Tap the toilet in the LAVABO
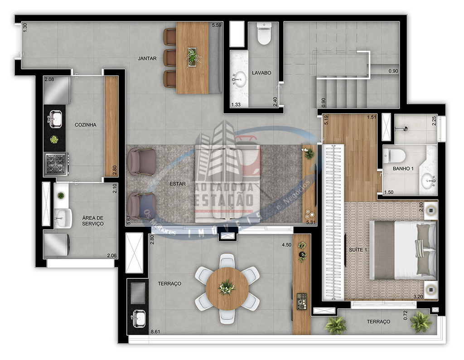tap(264, 35)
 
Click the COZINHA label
tap(86, 125)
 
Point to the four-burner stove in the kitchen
tap(56, 163)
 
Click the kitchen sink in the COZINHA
tap(55, 119)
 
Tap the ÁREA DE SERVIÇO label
tap(93, 221)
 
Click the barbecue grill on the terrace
tap(138, 293)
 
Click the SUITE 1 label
tap(358, 250)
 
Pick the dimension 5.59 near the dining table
tap(217, 26)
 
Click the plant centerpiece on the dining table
tap(193, 56)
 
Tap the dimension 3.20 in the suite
tap(418, 297)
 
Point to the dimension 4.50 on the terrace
tap(286, 245)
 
